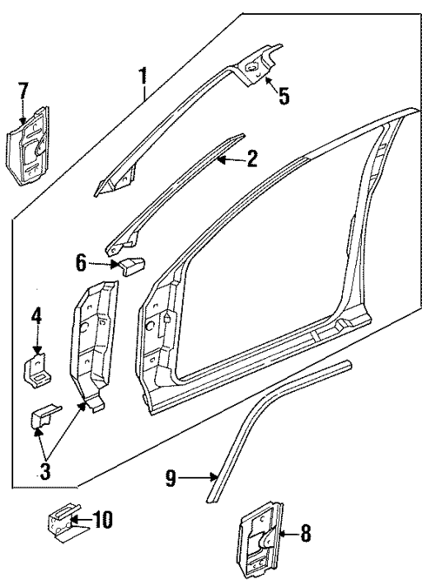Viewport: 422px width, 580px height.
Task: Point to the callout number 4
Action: click(37, 317)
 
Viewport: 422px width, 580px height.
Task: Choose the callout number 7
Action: click(23, 89)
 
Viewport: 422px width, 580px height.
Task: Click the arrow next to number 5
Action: click(269, 84)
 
